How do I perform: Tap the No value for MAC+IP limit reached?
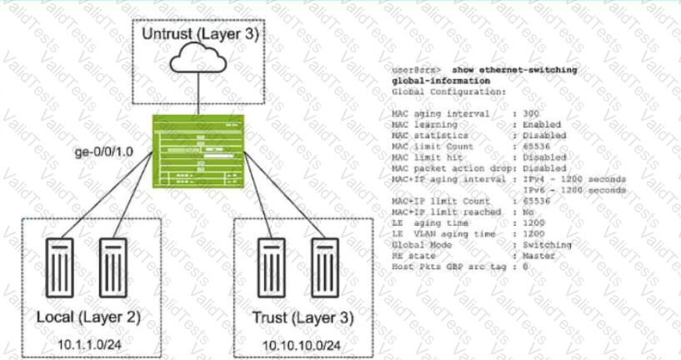[527, 212]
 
